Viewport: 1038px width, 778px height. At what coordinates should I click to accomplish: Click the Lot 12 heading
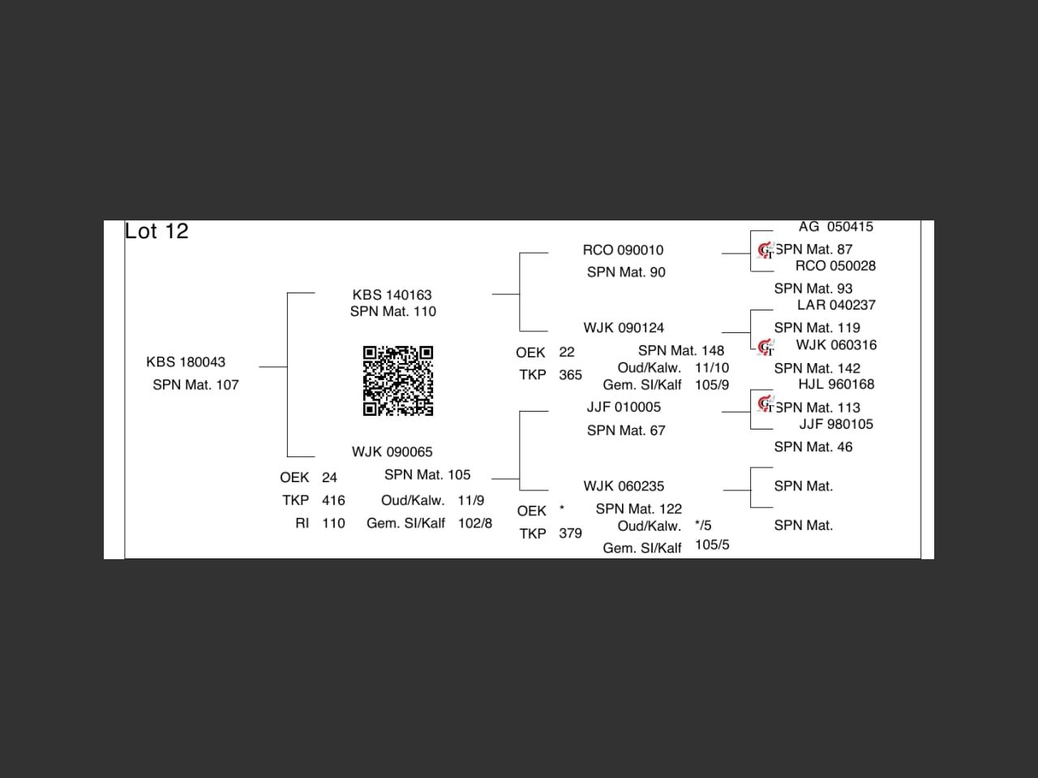click(x=157, y=232)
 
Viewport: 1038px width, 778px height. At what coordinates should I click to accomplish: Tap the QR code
click(x=397, y=380)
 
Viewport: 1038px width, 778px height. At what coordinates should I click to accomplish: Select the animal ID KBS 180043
click(x=186, y=362)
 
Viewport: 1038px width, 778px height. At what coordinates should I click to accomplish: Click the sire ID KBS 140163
click(x=392, y=295)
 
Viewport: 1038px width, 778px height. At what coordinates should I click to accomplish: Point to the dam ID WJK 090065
click(x=392, y=452)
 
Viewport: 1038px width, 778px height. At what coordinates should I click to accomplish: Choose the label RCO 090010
click(x=623, y=250)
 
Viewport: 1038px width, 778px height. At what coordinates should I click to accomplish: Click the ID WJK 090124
click(x=624, y=328)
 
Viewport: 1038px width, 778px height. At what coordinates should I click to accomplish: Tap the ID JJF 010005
click(x=624, y=407)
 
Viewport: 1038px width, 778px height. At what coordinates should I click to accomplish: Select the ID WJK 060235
click(x=624, y=486)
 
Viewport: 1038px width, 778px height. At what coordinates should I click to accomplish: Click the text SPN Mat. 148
click(x=680, y=351)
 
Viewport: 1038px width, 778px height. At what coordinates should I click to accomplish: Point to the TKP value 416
click(x=333, y=501)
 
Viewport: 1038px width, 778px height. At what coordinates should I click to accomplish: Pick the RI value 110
click(x=333, y=524)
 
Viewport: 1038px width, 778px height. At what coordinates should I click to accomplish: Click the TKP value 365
click(x=570, y=375)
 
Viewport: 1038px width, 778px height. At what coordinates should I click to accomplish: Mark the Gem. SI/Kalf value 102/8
click(x=474, y=524)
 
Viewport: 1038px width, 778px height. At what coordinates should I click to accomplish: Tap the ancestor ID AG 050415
click(x=835, y=227)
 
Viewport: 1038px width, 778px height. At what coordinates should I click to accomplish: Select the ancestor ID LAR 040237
click(x=836, y=306)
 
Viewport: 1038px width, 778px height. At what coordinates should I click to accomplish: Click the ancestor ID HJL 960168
click(x=836, y=385)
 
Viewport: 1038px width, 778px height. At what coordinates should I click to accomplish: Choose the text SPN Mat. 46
click(x=813, y=447)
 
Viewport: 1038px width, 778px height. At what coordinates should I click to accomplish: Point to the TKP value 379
click(x=570, y=534)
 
